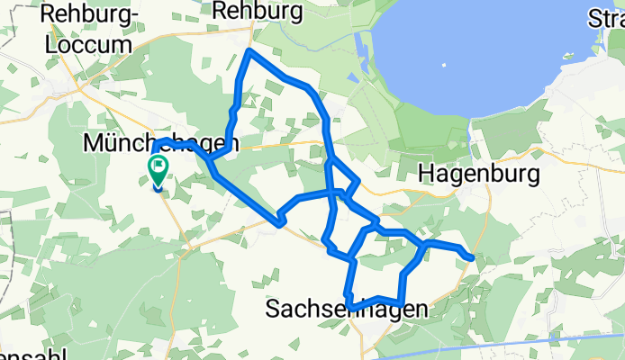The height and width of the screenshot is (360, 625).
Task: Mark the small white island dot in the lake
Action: click(x=444, y=64)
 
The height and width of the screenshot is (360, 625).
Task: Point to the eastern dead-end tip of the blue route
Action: click(x=471, y=258)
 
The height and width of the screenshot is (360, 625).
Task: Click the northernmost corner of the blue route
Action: click(x=249, y=52)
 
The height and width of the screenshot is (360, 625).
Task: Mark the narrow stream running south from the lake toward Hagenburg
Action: click(x=470, y=142)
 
